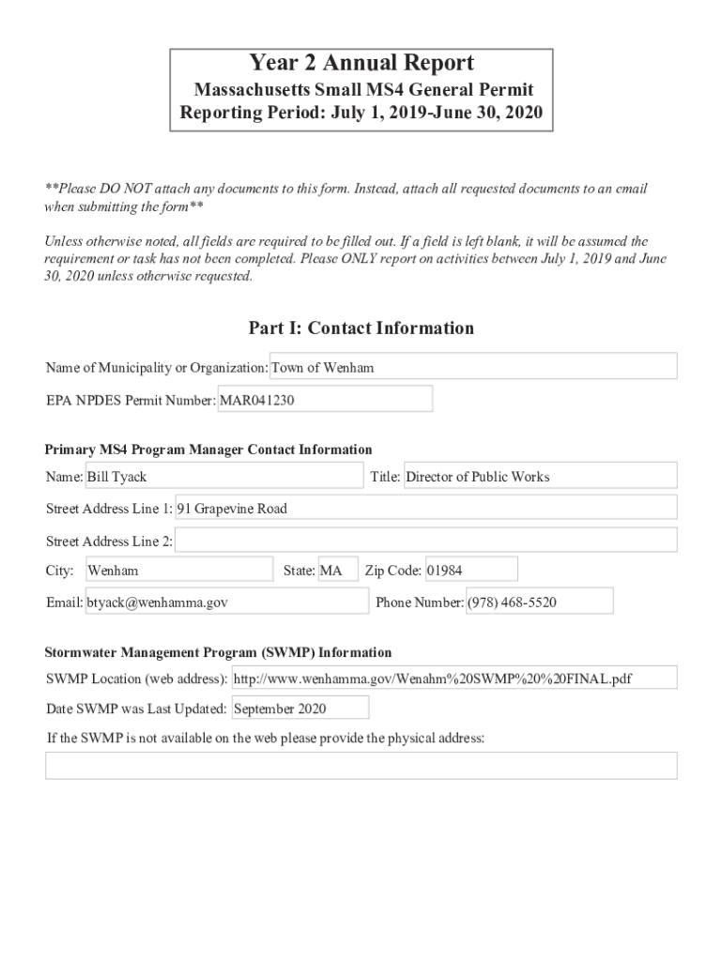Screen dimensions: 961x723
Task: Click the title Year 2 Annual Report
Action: tap(361, 64)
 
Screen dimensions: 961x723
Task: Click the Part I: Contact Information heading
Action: tap(361, 328)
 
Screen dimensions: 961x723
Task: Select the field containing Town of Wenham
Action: tap(473, 367)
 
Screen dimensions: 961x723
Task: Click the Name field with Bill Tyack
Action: tap(223, 477)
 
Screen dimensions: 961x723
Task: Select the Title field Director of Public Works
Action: tap(539, 477)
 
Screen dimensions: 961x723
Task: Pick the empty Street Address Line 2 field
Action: tap(425, 541)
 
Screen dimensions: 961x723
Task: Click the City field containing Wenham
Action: tap(178, 571)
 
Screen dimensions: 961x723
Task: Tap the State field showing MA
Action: tap(337, 571)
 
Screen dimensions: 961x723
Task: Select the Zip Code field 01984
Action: tap(470, 571)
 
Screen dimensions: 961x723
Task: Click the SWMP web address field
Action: tap(454, 679)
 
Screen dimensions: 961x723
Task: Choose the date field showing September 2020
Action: tap(300, 709)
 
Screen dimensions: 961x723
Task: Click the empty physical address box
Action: tap(361, 766)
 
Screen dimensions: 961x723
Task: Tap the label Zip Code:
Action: tap(392, 571)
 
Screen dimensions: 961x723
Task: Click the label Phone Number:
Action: tap(420, 603)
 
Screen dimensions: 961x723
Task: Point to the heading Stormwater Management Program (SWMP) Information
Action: tap(219, 652)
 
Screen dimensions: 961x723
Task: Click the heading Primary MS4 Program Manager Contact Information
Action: tap(208, 450)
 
